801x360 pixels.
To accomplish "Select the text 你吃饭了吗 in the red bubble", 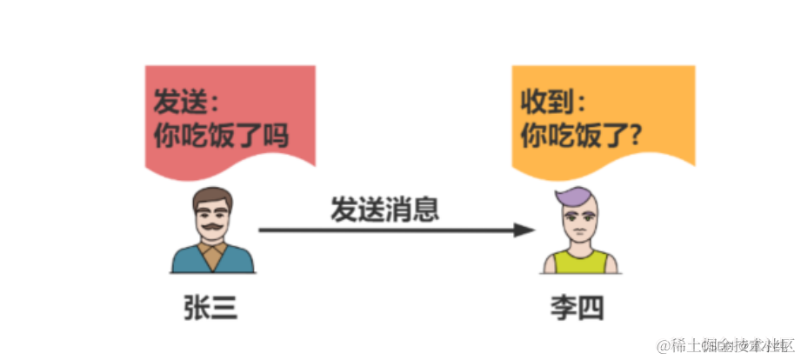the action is (220, 137).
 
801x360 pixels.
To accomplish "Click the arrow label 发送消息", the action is (384, 209).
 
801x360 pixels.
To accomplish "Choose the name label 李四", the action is (578, 309).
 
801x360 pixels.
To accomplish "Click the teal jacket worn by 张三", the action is (187, 261).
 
